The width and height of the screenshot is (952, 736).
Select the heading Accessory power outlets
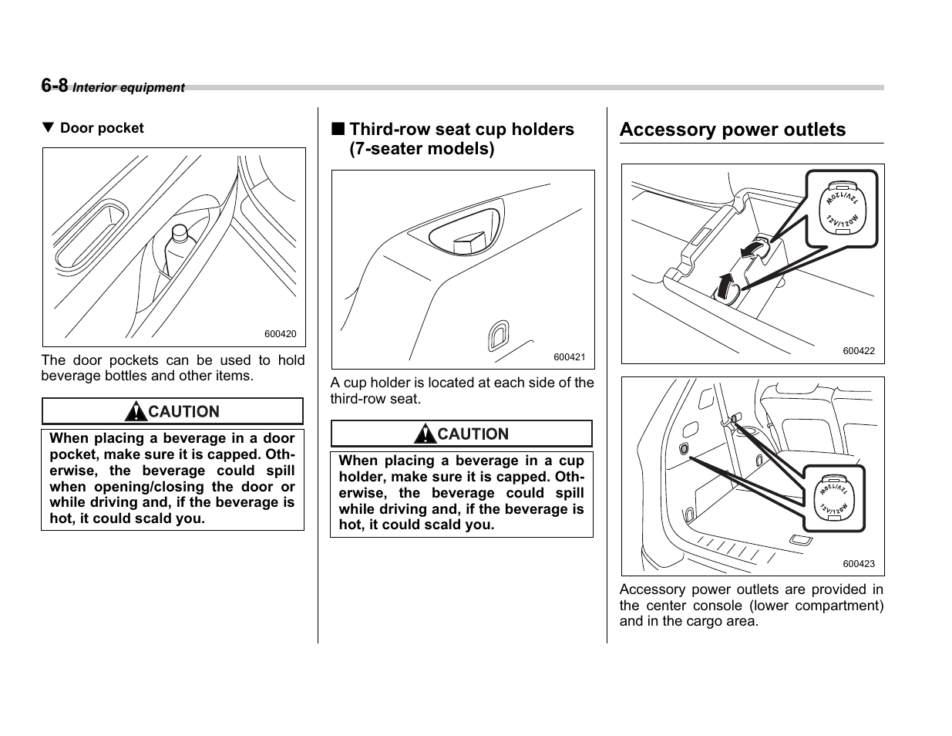pos(732,130)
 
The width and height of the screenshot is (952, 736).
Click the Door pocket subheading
pos(102,128)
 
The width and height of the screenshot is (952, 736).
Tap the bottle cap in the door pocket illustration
pos(180,231)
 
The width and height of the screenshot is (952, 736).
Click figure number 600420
pos(280,334)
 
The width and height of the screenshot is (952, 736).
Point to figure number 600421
pos(570,357)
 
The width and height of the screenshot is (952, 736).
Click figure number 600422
pos(859,351)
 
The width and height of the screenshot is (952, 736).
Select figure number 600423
pos(859,564)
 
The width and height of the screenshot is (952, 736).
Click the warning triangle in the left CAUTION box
pos(137,412)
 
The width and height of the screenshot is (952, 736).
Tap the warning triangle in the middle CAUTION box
pos(426,434)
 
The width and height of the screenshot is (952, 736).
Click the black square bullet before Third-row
pos(338,129)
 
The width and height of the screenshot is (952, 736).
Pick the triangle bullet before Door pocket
pos(48,128)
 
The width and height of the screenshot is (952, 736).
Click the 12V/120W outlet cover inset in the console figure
pos(842,208)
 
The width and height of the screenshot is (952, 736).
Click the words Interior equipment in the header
pos(129,88)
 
